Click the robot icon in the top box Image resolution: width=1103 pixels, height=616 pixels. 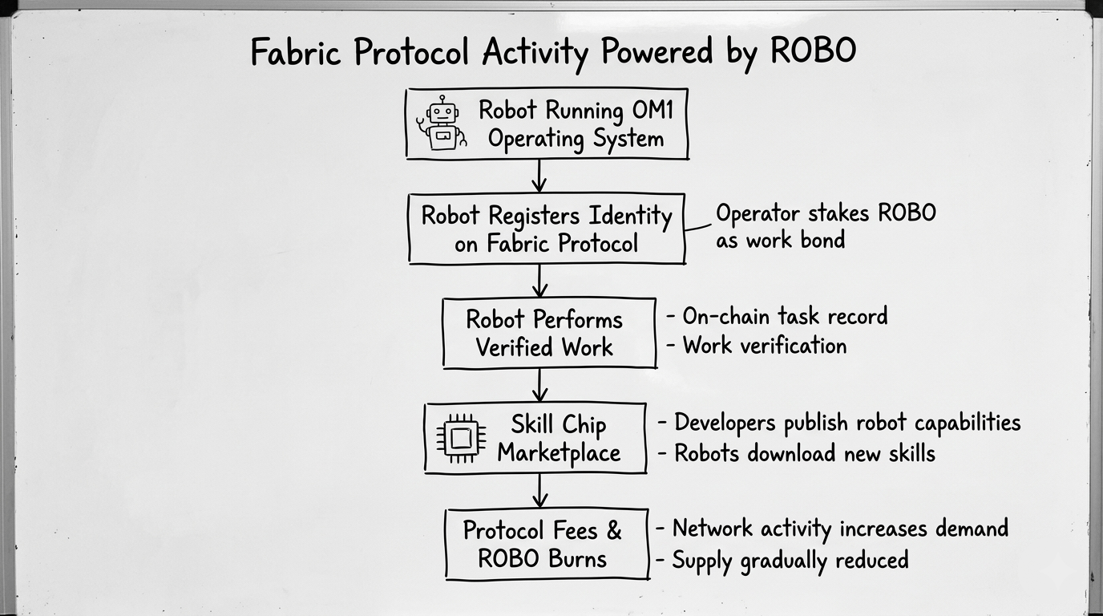pos(441,124)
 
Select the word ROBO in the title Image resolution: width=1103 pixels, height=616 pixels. pos(813,52)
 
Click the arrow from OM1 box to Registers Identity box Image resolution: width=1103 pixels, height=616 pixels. pos(539,176)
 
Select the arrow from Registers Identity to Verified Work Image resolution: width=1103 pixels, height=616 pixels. pos(539,281)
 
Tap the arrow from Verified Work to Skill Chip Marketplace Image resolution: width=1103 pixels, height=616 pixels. pos(539,385)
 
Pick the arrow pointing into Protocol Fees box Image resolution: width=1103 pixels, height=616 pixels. pos(539,490)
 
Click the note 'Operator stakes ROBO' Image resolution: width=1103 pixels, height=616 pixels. pos(826,213)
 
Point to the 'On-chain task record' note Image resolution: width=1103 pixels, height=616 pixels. pos(784,316)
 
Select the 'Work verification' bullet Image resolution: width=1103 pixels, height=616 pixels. pos(764,346)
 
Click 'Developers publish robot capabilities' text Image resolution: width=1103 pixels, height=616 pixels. pos(846,423)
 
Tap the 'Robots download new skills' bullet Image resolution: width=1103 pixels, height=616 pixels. pos(804,453)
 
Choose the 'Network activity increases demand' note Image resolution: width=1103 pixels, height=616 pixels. pos(839,529)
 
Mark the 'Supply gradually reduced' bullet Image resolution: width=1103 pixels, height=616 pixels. pos(790,559)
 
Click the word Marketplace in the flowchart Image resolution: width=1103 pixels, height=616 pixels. pos(559,452)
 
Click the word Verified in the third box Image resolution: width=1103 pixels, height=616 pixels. pos(510,347)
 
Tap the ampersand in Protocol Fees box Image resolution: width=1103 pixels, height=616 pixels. pos(613,530)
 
